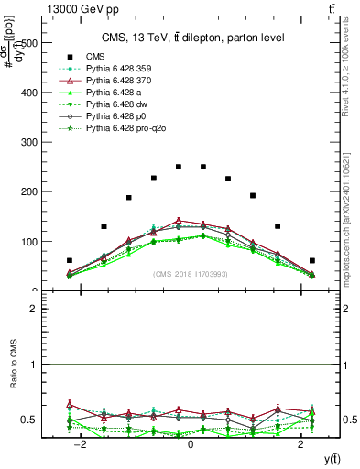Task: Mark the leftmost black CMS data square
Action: [70, 260]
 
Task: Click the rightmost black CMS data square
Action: [312, 260]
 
